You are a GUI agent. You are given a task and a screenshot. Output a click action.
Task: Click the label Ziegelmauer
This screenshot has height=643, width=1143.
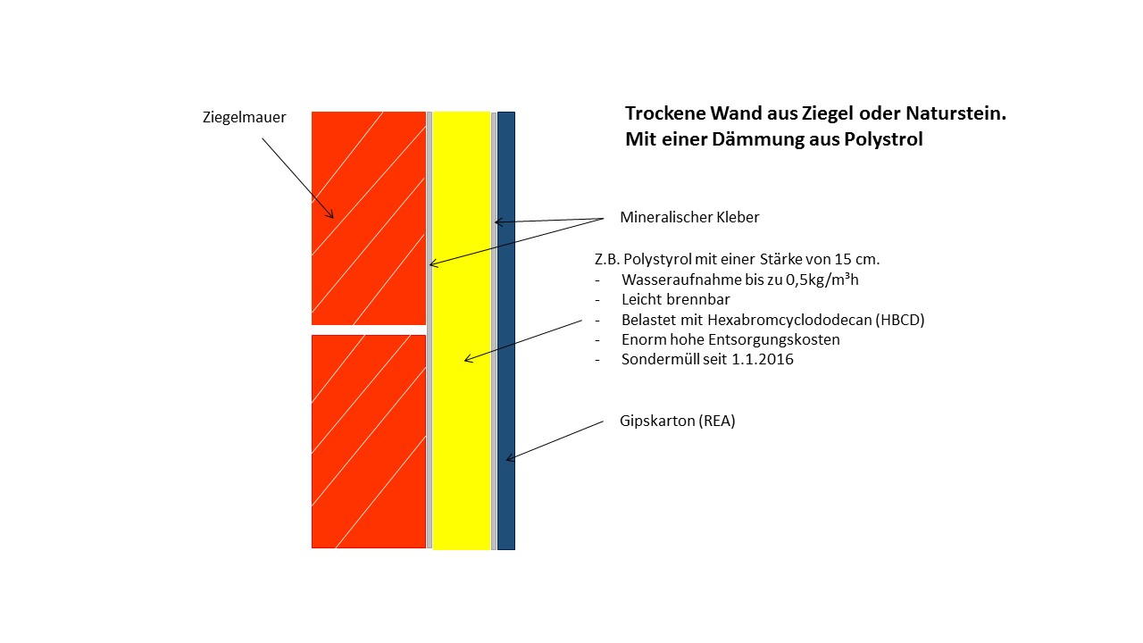244,117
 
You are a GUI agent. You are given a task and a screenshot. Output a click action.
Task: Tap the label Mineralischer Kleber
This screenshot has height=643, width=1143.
689,217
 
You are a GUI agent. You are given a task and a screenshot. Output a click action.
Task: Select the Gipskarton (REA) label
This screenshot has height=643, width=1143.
677,421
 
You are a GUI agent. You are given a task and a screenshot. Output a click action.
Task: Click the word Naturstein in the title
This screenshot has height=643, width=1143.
955,113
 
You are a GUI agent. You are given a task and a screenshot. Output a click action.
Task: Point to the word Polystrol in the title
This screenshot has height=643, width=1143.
883,139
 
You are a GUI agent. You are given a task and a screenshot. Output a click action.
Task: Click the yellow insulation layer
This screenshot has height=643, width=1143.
462,330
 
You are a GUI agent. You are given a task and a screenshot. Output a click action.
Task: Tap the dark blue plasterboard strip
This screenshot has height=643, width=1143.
506,330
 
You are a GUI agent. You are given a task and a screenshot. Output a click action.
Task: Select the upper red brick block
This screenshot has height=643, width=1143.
369,219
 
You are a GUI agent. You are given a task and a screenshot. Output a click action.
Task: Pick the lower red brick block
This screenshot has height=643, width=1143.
369,441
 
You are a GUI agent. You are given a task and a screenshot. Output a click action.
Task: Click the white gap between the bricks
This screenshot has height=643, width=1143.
369,330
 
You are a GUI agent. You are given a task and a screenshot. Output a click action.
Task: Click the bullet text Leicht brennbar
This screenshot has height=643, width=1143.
676,299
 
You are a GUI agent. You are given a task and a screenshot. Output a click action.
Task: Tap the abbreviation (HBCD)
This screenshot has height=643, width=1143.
900,320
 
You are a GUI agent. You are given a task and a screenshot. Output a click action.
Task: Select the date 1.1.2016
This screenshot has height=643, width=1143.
763,359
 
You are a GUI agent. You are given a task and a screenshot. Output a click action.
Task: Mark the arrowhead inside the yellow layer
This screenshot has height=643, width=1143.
466,360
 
